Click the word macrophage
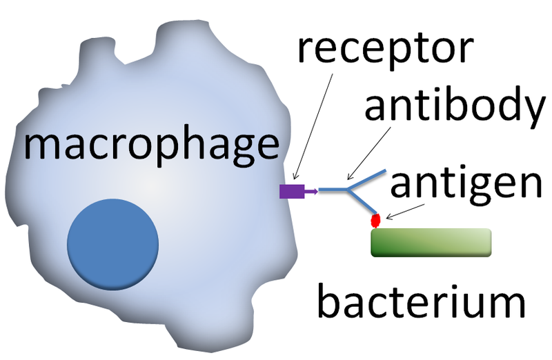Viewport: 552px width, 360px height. click(x=150, y=146)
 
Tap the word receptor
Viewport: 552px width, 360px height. click(x=385, y=49)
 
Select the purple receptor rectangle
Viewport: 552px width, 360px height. click(x=291, y=191)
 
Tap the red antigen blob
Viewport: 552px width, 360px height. click(x=377, y=221)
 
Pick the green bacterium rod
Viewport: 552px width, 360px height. click(x=431, y=243)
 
